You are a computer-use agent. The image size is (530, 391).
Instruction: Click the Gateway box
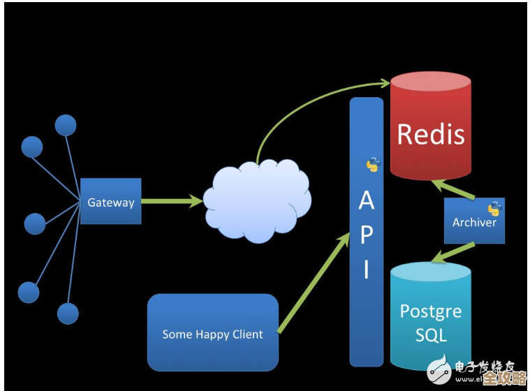pyautogui.click(x=110, y=202)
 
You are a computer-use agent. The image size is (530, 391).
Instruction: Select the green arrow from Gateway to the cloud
pyautogui.click(x=172, y=202)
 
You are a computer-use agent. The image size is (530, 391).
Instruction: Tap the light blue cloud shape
pyautogui.click(x=257, y=200)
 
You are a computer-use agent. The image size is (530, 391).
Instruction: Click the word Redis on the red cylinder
pyautogui.click(x=430, y=134)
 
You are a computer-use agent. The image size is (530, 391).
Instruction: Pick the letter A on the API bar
pyautogui.click(x=366, y=201)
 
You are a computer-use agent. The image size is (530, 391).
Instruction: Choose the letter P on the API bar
pyautogui.click(x=366, y=235)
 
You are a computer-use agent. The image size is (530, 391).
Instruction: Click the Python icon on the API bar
pyautogui.click(x=373, y=165)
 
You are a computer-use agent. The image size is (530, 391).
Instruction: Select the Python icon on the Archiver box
pyautogui.click(x=494, y=208)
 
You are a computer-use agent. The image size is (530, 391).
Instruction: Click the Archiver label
pyautogui.click(x=474, y=223)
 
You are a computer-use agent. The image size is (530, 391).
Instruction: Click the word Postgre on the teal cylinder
pyautogui.click(x=430, y=311)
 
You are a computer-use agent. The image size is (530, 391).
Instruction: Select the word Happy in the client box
pyautogui.click(x=212, y=334)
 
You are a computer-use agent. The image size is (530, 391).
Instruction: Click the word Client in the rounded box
pyautogui.click(x=247, y=334)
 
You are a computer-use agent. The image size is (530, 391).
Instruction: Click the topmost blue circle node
pyautogui.click(x=66, y=126)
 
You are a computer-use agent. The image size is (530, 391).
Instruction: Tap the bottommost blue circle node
pyautogui.click(x=68, y=313)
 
